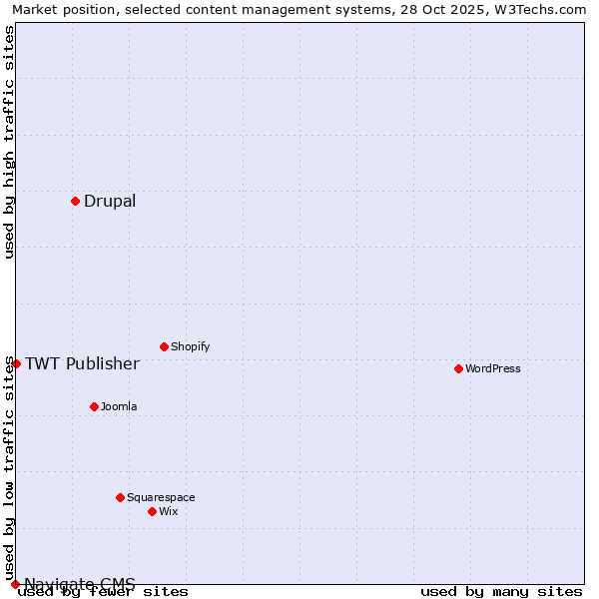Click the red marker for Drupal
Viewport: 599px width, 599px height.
[x=75, y=202]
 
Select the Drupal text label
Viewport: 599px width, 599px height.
[x=110, y=202]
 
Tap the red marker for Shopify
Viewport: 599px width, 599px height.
[x=164, y=347]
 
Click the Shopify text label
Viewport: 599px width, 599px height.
[x=190, y=347]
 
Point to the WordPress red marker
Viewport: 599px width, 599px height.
[x=458, y=369]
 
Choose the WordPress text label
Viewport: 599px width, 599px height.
[x=493, y=369]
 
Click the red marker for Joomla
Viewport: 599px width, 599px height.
[x=94, y=407]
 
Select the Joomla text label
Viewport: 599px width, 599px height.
[x=119, y=407]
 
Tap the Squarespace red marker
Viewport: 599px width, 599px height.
[x=120, y=497]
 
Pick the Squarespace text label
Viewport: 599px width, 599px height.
[x=161, y=497]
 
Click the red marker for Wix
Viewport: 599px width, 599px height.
[x=152, y=511]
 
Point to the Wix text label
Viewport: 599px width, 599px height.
[x=169, y=511]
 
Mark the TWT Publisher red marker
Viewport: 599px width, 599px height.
[x=16, y=363]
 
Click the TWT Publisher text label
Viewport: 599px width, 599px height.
[x=82, y=363]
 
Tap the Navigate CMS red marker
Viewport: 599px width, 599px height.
[x=15, y=584]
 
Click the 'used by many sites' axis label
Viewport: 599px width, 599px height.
[x=501, y=592]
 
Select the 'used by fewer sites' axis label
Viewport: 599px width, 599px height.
[x=103, y=592]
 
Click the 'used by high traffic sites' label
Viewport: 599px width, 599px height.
[x=9, y=142]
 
